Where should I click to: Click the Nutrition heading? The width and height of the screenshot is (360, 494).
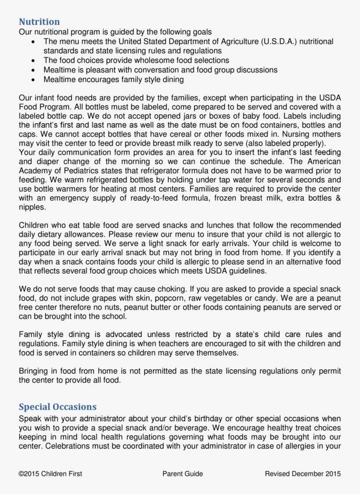point(39,22)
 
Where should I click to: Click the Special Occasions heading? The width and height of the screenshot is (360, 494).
point(58,407)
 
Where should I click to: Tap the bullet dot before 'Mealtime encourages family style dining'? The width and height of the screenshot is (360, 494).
point(34,80)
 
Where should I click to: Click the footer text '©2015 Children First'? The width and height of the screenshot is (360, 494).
point(50,474)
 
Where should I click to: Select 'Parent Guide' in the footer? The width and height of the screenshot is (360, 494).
point(183,474)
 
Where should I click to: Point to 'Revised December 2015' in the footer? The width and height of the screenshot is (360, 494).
point(303,474)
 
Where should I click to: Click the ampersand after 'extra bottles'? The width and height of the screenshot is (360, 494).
point(338,198)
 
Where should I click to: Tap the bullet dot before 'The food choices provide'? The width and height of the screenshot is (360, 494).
point(34,61)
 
